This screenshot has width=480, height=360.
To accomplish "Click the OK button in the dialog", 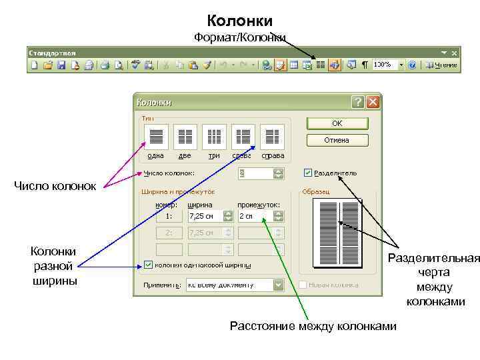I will (337, 123).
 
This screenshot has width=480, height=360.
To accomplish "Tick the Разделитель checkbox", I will (307, 173).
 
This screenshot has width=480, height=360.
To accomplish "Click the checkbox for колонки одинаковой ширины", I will (147, 265).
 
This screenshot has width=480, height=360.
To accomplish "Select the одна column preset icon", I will (156, 137).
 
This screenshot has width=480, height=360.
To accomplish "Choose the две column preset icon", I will (185, 137).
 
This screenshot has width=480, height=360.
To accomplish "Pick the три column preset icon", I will (214, 137).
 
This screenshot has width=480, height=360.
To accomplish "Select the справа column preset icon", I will (272, 137).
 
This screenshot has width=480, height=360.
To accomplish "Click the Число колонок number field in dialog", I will (255, 173).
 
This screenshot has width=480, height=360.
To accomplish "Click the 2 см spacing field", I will (255, 216).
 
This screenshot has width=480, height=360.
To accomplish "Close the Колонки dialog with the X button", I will (372, 102).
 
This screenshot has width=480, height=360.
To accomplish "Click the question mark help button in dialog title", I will (358, 102).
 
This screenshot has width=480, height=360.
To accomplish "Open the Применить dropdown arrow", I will (279, 285).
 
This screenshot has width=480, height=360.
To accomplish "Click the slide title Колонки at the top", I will (240, 21).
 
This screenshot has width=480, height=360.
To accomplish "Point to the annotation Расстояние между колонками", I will (313, 326).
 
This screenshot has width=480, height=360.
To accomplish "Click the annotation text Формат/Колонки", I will (240, 37).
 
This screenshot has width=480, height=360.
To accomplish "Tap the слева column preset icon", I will (243, 137).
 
